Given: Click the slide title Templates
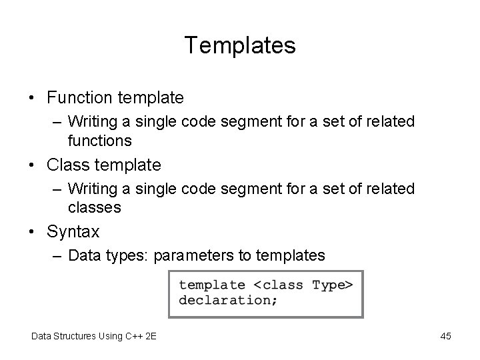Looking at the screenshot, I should tap(240, 46).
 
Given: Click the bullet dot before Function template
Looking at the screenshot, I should tap(33, 99).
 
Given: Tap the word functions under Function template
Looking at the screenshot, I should tap(99, 141).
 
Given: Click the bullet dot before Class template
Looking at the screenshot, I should tap(33, 165).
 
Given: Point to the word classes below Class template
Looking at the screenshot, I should tap(94, 207).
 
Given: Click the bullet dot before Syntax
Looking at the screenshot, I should tap(33, 232).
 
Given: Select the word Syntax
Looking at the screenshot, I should tap(73, 232).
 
